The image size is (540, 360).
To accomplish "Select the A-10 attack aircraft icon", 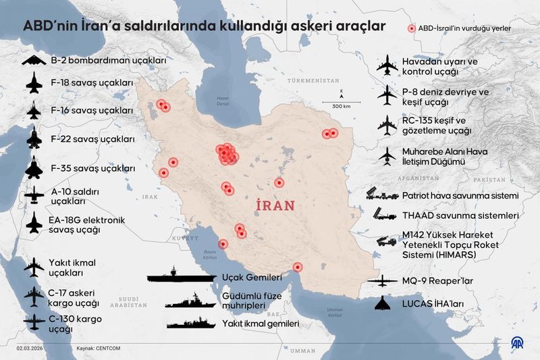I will click(34, 197).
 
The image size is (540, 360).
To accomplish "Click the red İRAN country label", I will click(277, 205).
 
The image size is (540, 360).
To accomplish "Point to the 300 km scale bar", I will click(341, 100).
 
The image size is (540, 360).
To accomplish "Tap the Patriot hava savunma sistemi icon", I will click(382, 195).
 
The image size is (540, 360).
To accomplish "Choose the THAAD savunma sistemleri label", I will click(460, 216).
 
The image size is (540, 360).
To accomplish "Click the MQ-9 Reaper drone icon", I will click(383, 280).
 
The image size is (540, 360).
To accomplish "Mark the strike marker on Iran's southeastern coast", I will click(298, 267).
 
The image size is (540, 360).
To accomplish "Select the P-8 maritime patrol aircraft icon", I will click(387, 95).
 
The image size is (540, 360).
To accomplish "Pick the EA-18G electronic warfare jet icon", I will click(34, 225).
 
